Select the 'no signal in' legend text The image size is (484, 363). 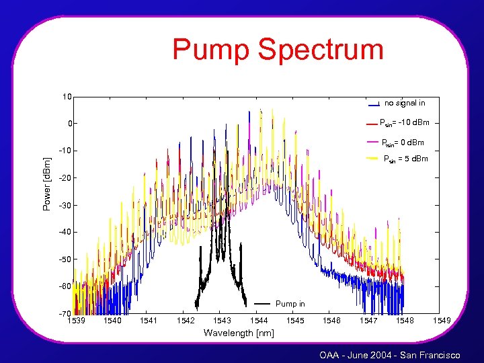point(405,103)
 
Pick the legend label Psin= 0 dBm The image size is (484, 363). point(403,142)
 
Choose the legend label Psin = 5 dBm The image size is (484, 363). point(405,159)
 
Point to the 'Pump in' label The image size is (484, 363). point(290,305)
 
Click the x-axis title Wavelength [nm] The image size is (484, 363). point(239,333)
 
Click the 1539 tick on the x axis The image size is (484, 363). point(76,321)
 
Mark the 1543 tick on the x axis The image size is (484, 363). point(222,321)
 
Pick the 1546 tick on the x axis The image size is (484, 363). point(332,321)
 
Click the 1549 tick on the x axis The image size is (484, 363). point(442,321)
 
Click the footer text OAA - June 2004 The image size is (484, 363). point(358,355)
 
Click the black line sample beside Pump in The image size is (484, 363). point(261,305)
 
